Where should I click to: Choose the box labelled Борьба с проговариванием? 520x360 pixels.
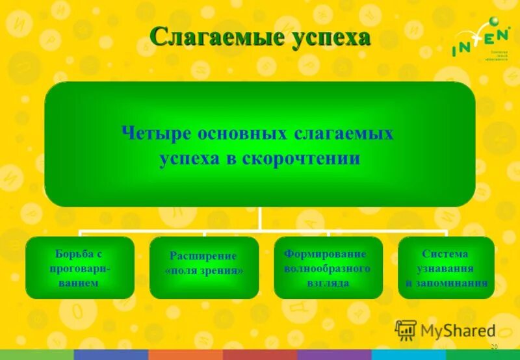click(81, 267)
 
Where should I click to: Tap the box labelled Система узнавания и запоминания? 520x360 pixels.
click(446, 267)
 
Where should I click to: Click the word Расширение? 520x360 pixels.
click(203, 256)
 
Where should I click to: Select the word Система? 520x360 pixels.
click(445, 253)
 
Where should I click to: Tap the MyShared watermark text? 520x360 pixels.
click(458, 331)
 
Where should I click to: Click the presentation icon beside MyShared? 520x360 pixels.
click(406, 331)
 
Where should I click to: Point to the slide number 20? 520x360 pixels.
click(494, 348)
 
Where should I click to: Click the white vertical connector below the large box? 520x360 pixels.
click(260, 218)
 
